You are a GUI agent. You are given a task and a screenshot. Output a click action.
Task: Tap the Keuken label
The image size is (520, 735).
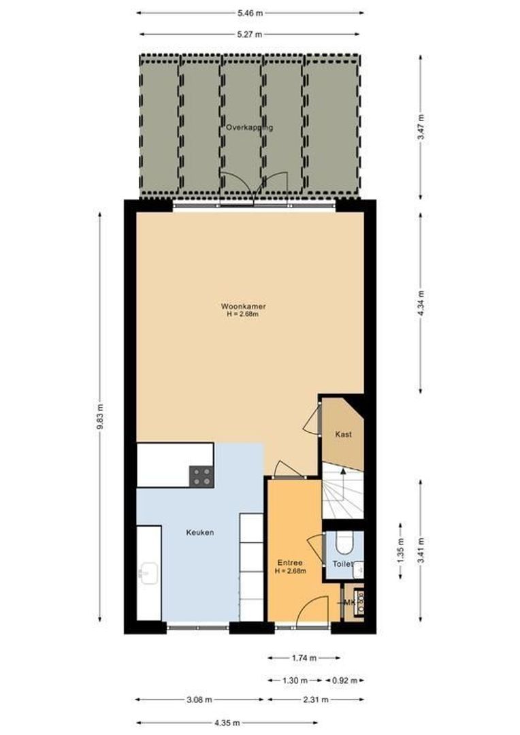[200, 532]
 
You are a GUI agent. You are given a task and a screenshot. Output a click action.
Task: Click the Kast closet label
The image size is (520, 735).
[344, 434]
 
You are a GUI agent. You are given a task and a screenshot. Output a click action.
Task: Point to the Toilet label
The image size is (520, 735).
[342, 564]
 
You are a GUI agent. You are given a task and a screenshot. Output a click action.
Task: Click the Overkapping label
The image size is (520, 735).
[249, 127]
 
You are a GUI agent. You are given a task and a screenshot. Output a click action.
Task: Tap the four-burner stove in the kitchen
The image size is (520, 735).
[201, 475]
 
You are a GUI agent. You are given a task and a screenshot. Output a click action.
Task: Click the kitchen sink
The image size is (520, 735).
[146, 572]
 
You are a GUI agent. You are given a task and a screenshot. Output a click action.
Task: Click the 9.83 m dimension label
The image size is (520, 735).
[100, 416]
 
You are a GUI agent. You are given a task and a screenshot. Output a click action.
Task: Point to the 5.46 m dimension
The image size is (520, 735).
[250, 12]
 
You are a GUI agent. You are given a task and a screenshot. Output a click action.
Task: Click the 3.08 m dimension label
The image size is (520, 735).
[199, 699]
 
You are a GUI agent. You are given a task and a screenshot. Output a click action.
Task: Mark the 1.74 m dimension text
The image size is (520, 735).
[304, 658]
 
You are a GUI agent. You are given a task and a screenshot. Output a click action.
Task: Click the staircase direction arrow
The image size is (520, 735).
[343, 471]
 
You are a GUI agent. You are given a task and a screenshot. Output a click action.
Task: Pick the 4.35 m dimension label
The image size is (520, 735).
[250, 723]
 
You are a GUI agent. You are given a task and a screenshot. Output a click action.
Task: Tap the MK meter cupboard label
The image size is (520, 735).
[349, 602]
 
